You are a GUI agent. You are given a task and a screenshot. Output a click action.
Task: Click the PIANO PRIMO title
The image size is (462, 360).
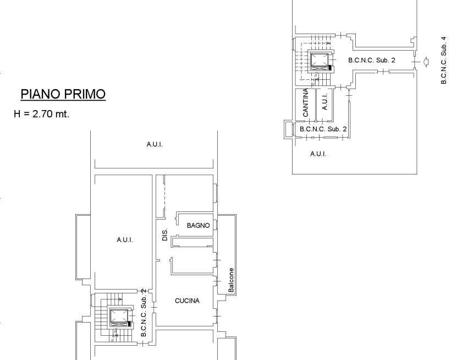coord(63,94)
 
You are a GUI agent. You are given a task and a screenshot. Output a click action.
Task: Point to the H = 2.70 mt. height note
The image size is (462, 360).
coord(42,114)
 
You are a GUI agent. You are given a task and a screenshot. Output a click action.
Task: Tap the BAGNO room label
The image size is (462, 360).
coord(199,226)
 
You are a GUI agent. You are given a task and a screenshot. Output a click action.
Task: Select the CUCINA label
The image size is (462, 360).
coord(187,301)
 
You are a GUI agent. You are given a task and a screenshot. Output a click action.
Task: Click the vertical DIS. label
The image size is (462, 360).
coord(164,234)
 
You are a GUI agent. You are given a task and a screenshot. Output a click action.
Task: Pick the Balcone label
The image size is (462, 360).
coord(232,280)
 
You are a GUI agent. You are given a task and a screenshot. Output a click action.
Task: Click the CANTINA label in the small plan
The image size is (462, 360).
coord(306,102)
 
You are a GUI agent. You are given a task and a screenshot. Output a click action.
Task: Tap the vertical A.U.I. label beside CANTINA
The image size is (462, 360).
coord(324,102)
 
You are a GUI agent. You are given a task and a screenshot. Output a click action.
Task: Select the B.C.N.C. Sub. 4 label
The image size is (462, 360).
coord(443,60)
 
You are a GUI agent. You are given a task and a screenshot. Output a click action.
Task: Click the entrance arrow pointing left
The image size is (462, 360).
coord(426,62)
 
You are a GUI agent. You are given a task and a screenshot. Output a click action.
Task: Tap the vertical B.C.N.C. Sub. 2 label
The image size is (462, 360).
coord(144,313)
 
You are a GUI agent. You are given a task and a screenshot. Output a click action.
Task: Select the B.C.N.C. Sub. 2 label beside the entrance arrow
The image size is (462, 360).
coord(372,60)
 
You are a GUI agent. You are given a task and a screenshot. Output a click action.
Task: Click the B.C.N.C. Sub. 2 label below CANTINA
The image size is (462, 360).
coord(323,129)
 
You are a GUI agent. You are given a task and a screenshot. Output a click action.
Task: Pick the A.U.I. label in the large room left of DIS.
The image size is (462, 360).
coord(125,240)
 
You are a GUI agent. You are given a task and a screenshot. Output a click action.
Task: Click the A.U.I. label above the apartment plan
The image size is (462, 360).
coord(155,144)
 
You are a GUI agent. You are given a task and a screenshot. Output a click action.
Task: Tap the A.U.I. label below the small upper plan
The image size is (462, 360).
coord(318,154)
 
